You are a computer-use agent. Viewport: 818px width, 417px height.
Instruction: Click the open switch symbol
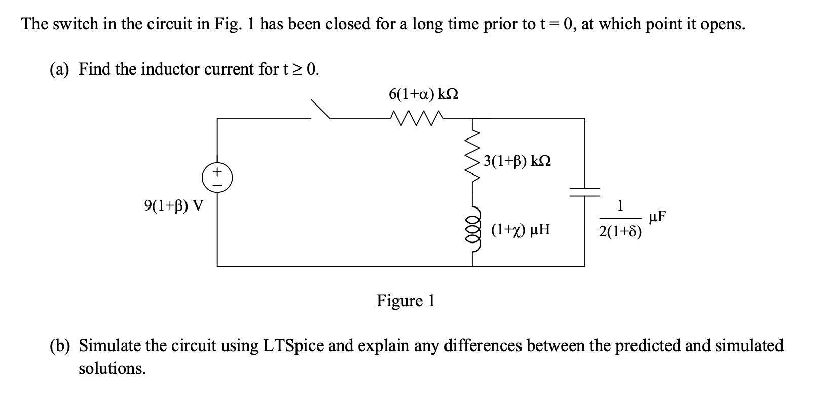(320, 110)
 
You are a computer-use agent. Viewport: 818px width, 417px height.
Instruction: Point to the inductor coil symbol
(473, 231)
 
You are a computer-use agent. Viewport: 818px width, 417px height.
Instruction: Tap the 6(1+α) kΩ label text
(424, 94)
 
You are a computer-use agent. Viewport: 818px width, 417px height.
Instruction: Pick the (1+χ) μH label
(520, 231)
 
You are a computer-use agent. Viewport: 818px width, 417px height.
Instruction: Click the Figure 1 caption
(405, 301)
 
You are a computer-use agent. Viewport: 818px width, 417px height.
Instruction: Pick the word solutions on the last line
(111, 369)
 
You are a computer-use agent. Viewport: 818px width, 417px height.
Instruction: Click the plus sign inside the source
(217, 172)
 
